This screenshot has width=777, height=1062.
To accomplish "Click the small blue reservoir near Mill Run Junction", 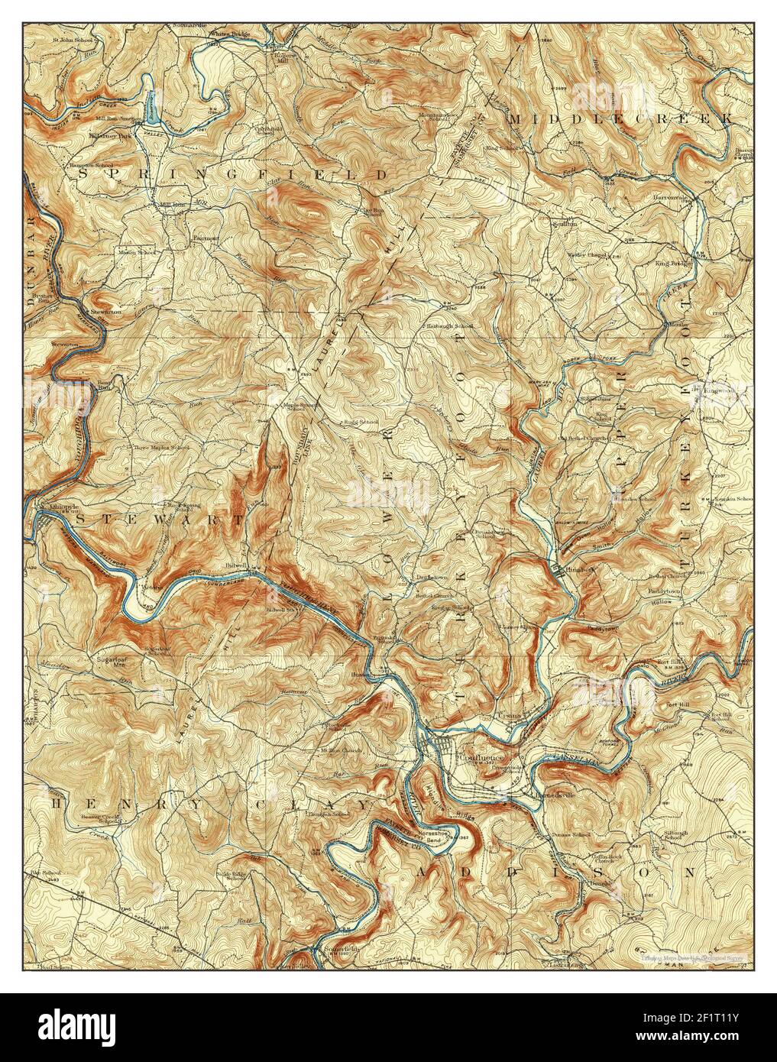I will (151, 108).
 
